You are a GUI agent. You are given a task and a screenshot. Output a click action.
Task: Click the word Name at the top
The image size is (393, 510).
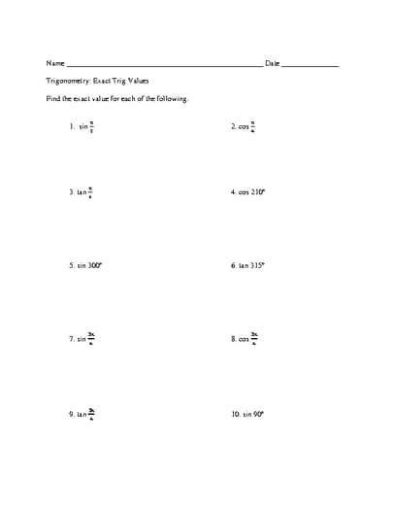pyautogui.click(x=53, y=63)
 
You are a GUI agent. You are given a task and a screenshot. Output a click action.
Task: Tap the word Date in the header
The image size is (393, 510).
pyautogui.click(x=272, y=63)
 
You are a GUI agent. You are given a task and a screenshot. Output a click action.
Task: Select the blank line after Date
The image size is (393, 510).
pyautogui.click(x=311, y=65)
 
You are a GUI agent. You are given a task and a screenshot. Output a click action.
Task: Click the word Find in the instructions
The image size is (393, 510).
pyautogui.click(x=53, y=99)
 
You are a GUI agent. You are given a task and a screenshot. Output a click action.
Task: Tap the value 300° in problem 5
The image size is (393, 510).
pyautogui.click(x=93, y=264)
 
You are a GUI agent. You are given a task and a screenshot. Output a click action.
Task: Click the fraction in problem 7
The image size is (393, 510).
pyautogui.click(x=91, y=338)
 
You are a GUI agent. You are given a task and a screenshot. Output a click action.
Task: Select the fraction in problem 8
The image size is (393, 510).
pyautogui.click(x=254, y=338)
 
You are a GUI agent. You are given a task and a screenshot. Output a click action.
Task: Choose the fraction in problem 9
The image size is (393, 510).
pyautogui.click(x=91, y=413)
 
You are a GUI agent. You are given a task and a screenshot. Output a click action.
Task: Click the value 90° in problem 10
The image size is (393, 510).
pyautogui.click(x=258, y=413)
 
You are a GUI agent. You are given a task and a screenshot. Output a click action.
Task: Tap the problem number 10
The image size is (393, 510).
pyautogui.click(x=235, y=413)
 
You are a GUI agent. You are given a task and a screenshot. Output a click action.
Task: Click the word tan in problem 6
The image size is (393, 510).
pyautogui.click(x=244, y=264)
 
